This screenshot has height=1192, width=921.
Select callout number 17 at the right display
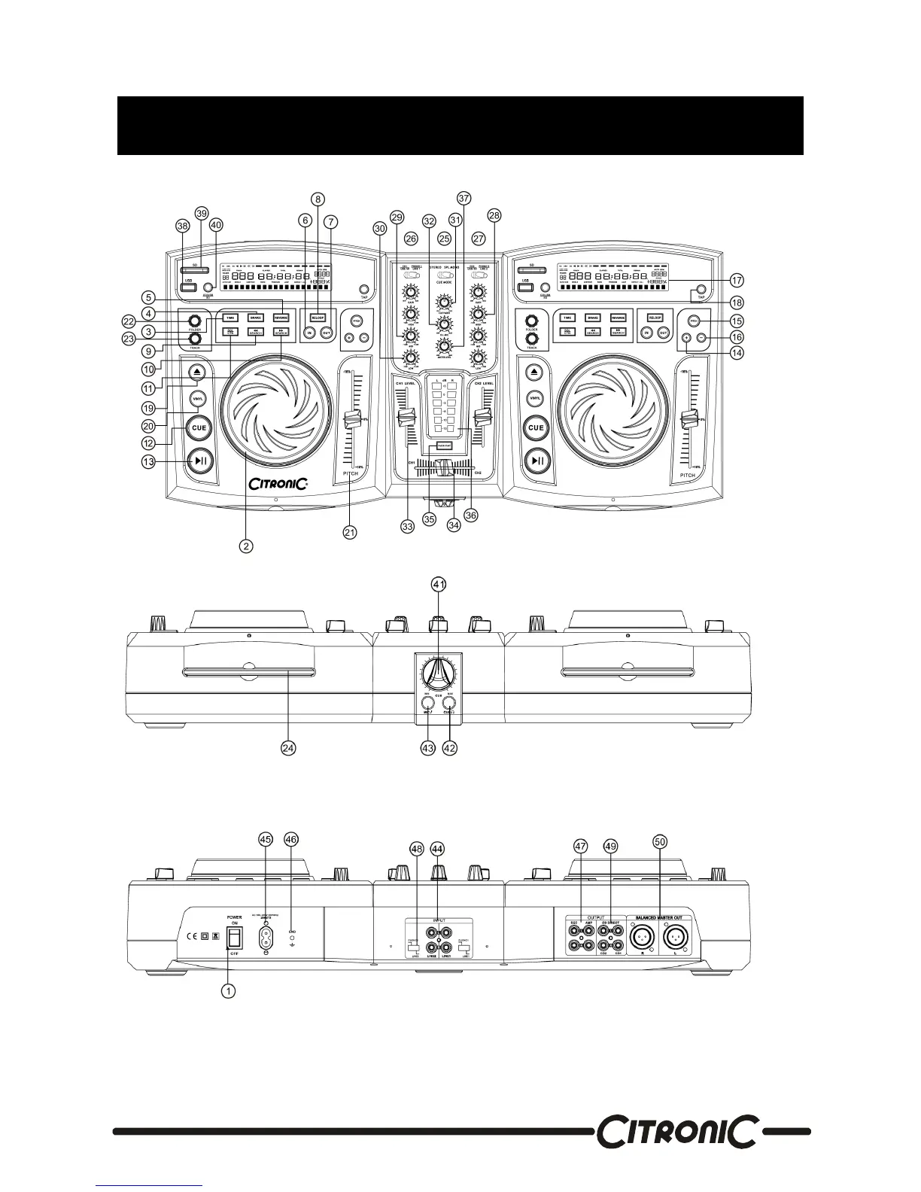(737, 280)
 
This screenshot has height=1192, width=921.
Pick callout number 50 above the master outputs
(660, 844)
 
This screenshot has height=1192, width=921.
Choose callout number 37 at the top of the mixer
(464, 198)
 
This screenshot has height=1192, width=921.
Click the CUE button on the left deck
(199, 427)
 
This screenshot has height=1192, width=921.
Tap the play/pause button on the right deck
(536, 461)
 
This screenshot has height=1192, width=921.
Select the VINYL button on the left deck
(199, 398)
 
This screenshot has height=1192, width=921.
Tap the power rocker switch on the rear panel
(235, 937)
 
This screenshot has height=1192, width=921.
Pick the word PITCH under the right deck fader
(687, 476)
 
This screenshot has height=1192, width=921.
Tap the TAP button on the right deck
(701, 290)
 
